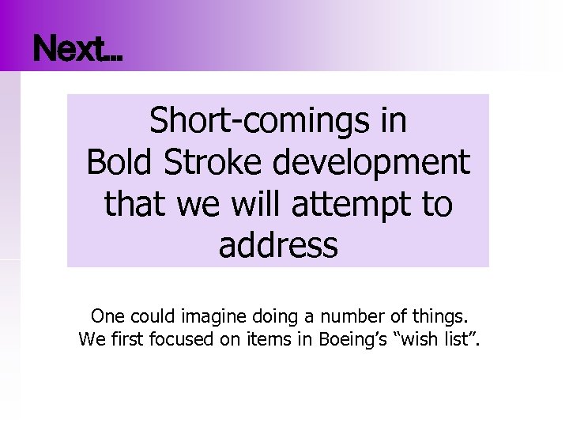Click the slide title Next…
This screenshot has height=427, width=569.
(78, 51)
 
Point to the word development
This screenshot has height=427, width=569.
(371, 163)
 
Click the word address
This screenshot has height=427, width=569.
(278, 245)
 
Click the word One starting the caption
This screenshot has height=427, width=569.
(107, 317)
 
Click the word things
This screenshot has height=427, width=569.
(438, 318)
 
